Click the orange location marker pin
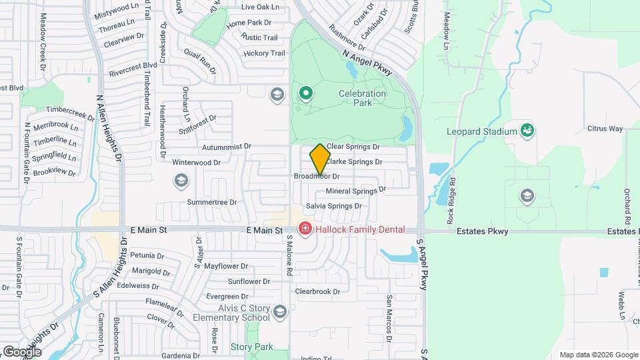[x=321, y=159]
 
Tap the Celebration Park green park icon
[x=305, y=93]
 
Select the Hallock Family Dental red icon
[x=305, y=229]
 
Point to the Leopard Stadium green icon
[x=527, y=129]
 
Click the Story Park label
[x=252, y=347]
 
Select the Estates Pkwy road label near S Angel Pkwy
[x=483, y=232]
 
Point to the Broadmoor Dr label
[x=317, y=177]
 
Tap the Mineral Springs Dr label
[x=356, y=191]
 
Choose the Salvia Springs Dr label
[x=333, y=206]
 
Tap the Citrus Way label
[x=605, y=128]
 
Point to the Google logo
[x=22, y=351]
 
